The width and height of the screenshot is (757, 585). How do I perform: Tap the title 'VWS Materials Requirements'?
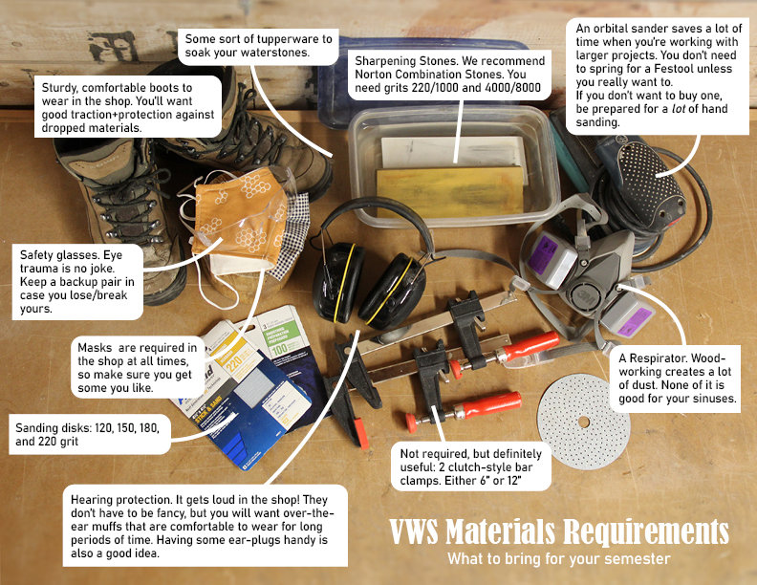[558, 532]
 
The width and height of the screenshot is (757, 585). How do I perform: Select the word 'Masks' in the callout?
[96, 347]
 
